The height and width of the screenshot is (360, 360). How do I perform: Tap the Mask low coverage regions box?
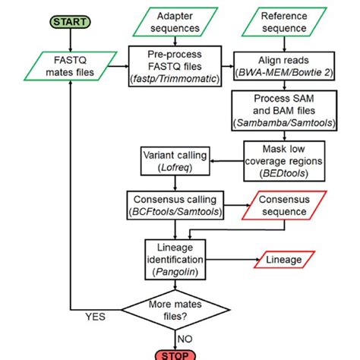[x=283, y=159]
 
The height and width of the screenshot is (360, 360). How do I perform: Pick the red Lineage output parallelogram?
[x=283, y=261]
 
